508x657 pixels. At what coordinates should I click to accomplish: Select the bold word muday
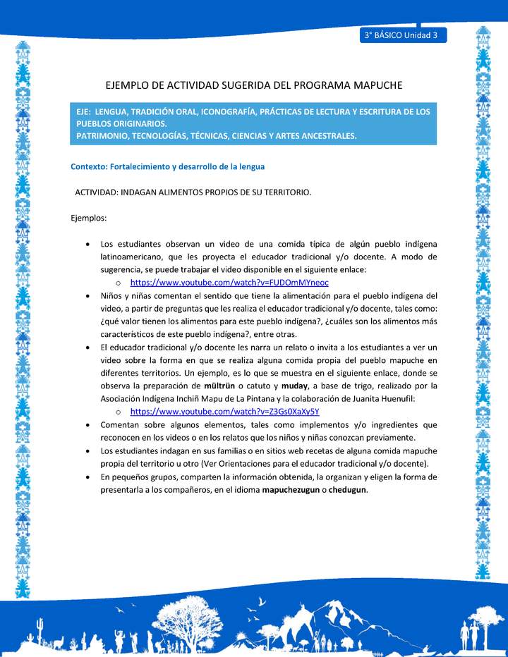coord(294,386)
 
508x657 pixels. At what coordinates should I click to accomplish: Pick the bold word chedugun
coord(347,490)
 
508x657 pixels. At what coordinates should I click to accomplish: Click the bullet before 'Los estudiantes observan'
coord(86,244)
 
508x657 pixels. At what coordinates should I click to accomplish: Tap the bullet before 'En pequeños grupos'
coord(86,477)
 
